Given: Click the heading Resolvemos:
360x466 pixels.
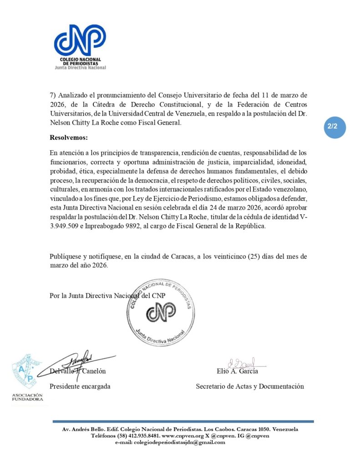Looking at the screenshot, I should pyautogui.click(x=69, y=137).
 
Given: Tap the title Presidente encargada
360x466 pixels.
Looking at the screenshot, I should pyautogui.click(x=80, y=386).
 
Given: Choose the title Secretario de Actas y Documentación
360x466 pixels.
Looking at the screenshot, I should pyautogui.click(x=249, y=386).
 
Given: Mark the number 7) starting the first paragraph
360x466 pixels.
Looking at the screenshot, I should pyautogui.click(x=53, y=95).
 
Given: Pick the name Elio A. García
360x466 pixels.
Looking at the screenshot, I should pyautogui.click(x=238, y=371).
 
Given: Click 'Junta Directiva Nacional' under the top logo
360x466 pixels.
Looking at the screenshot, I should pyautogui.click(x=80, y=68).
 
